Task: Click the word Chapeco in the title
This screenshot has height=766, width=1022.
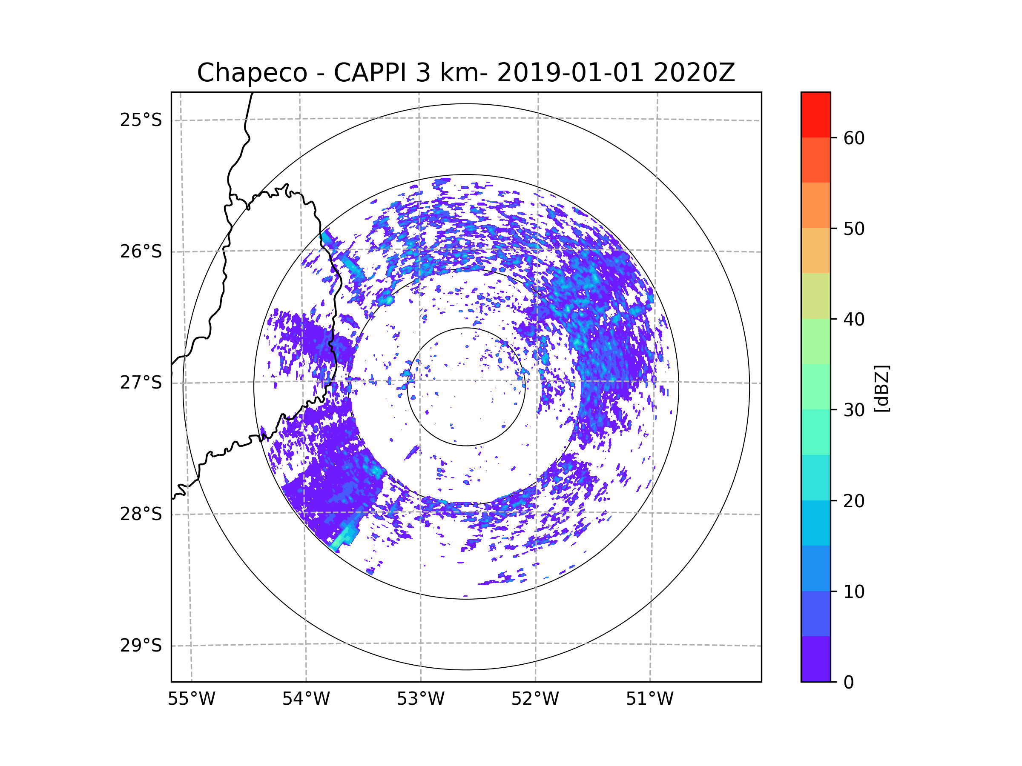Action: [x=252, y=73]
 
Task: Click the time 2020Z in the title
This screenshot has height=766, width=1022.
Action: [x=694, y=73]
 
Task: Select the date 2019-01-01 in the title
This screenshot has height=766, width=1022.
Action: [x=570, y=73]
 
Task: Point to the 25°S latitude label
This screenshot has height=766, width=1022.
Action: [x=141, y=120]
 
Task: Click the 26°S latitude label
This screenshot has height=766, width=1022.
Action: [x=141, y=252]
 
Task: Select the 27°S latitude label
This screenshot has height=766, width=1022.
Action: [x=141, y=383]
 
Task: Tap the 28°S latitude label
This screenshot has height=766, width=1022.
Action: [x=141, y=514]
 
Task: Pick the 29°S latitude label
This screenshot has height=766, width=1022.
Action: [x=141, y=646]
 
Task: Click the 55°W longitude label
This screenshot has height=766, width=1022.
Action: [x=191, y=699]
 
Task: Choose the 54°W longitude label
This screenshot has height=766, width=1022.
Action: [x=306, y=699]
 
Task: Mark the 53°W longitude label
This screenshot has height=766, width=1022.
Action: [x=420, y=699]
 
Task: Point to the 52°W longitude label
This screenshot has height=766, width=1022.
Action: [x=535, y=699]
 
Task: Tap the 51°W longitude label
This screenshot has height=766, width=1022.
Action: [x=649, y=699]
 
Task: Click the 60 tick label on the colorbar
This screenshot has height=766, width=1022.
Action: [x=854, y=138]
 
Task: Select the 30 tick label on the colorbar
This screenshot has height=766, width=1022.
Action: [x=854, y=410]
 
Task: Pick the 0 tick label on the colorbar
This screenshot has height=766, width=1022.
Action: [x=849, y=683]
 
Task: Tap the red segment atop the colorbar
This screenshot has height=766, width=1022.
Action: [x=815, y=114]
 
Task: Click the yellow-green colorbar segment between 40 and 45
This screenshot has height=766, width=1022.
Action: [x=815, y=296]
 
